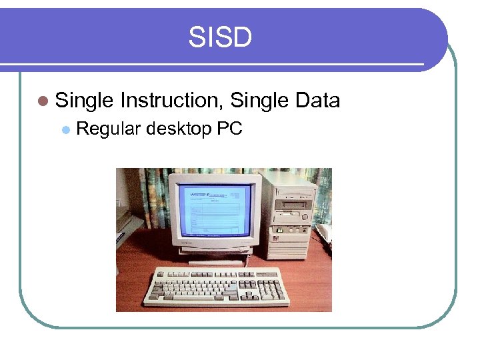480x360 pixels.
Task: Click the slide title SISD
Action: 220,37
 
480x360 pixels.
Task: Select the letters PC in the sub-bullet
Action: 229,129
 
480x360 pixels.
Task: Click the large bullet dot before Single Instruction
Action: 43,101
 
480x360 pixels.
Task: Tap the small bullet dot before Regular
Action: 65,129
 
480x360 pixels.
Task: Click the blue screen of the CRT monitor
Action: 215,209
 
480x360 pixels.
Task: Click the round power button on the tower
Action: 305,217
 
